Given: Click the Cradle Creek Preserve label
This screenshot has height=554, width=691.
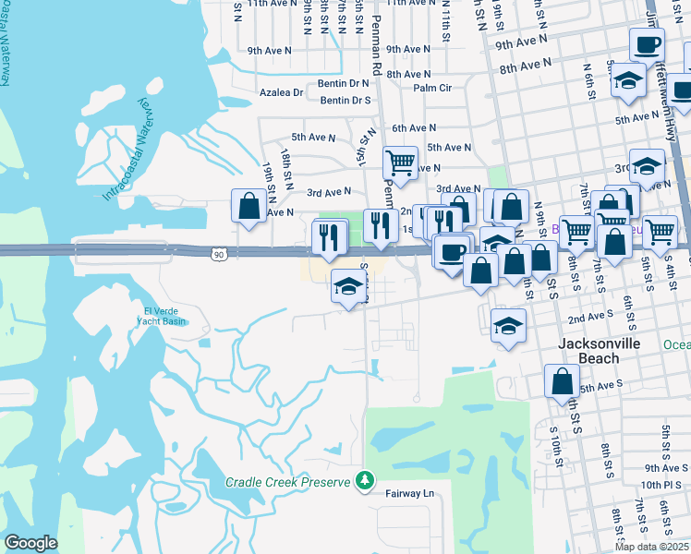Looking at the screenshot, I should click(x=288, y=482).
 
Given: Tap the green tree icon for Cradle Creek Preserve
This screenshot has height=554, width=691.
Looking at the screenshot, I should click(x=366, y=481).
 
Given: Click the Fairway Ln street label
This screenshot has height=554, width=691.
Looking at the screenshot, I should click(x=409, y=494).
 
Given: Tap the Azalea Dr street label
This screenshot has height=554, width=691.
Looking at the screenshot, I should click(x=282, y=92).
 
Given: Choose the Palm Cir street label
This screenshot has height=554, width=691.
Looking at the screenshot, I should click(x=432, y=88).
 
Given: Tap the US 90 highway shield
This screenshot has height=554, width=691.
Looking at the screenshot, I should click(x=217, y=253).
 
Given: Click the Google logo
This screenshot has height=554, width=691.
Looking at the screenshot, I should click(x=30, y=543).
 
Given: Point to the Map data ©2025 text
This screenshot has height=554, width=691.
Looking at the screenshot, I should click(x=651, y=547).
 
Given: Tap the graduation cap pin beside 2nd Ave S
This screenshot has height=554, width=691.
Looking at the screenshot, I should click(x=508, y=325).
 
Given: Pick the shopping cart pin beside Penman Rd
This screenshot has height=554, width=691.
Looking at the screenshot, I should click(x=400, y=163).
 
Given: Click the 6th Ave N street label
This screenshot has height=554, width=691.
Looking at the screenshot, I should click(x=413, y=128).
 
